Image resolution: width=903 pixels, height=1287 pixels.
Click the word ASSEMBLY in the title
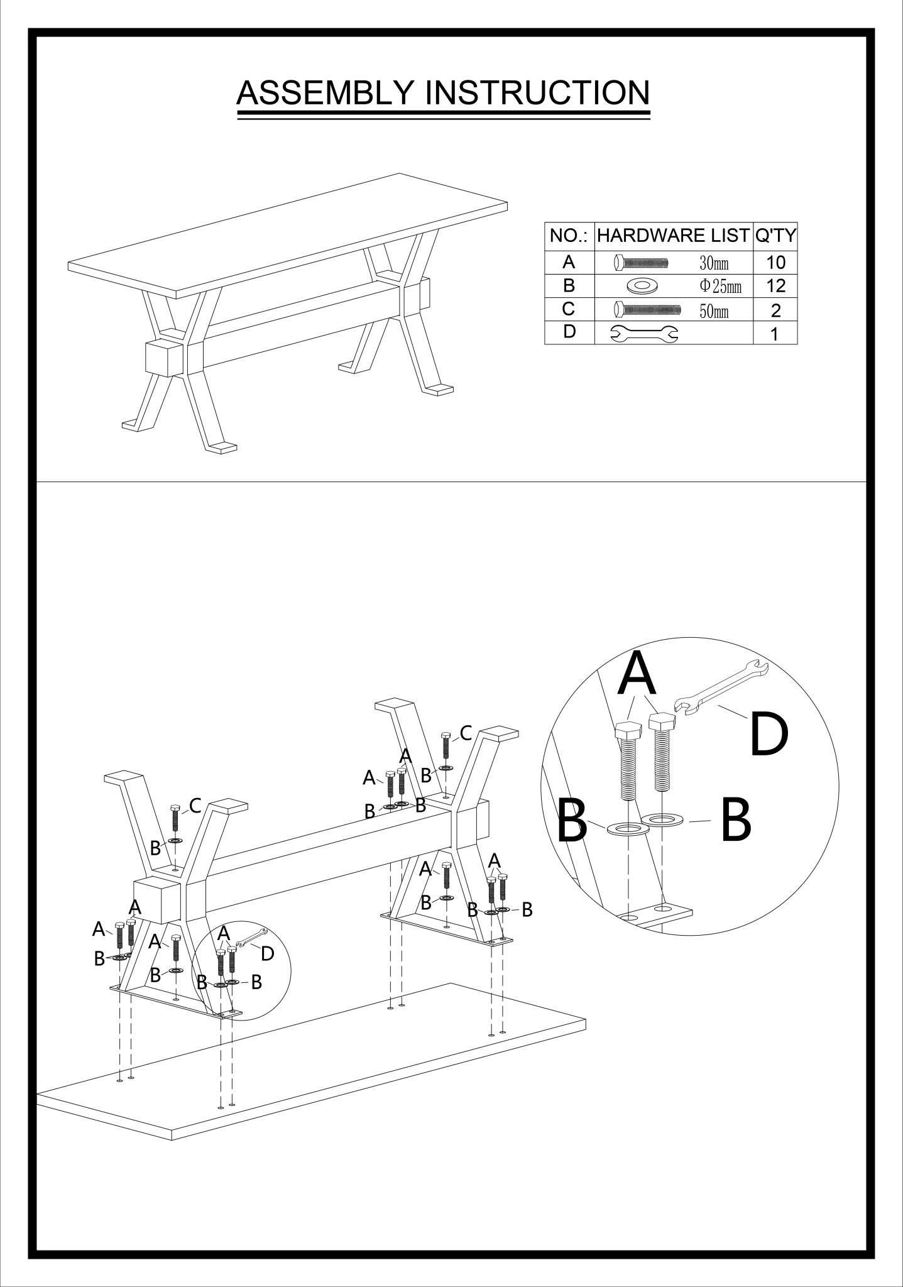pyautogui.click(x=324, y=92)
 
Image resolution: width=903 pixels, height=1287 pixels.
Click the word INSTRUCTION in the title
pyautogui.click(x=537, y=92)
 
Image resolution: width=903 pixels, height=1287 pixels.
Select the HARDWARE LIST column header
pyautogui.click(x=673, y=236)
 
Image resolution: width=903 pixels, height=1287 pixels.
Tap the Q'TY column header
pyautogui.click(x=775, y=236)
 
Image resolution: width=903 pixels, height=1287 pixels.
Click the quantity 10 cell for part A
pyautogui.click(x=776, y=263)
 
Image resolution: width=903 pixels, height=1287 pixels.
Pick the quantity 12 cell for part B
pyautogui.click(x=776, y=286)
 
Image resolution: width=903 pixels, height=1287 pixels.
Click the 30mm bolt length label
pyautogui.click(x=714, y=263)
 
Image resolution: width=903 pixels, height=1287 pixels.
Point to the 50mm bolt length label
pyautogui.click(x=714, y=310)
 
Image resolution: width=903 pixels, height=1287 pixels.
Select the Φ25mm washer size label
pyautogui.click(x=721, y=287)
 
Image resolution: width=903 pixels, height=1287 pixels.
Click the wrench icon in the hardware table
pyautogui.click(x=645, y=334)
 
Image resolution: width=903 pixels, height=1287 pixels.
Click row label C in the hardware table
pyautogui.click(x=569, y=309)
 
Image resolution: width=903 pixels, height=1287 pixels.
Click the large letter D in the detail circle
pyautogui.click(x=769, y=734)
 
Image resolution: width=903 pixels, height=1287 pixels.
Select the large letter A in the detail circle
pyautogui.click(x=637, y=673)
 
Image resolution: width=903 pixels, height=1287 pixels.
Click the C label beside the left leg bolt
pyautogui.click(x=195, y=806)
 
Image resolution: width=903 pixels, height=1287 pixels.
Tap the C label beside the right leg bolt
pyautogui.click(x=466, y=733)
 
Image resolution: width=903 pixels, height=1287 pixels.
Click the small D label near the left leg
pyautogui.click(x=267, y=954)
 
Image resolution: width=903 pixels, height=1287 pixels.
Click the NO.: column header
pyautogui.click(x=569, y=236)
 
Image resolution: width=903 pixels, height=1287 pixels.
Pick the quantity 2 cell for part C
pyautogui.click(x=776, y=310)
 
